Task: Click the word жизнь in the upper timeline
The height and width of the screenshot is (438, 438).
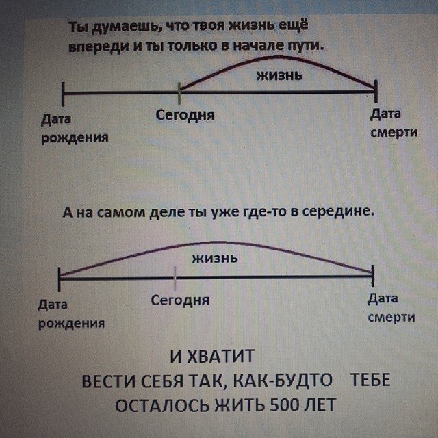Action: [279, 75]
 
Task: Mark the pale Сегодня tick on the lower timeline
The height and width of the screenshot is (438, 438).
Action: [175, 279]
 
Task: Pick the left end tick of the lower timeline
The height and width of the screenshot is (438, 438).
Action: [60, 276]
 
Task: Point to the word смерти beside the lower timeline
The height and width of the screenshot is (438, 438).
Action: [391, 318]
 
